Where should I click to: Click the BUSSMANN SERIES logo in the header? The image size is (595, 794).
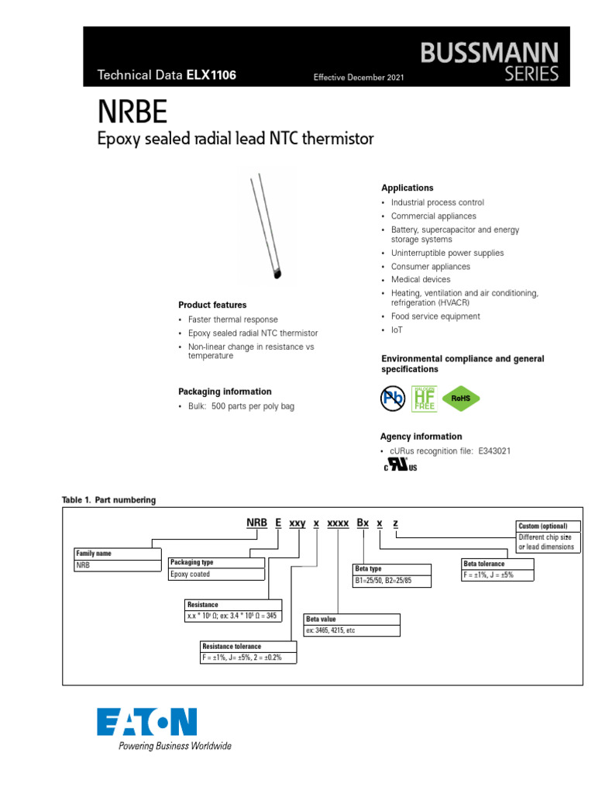489,62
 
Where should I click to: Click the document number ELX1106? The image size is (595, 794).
211,75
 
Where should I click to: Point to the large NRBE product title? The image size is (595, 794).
132,113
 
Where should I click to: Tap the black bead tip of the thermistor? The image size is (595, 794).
279,272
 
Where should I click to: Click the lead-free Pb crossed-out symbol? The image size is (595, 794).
394,399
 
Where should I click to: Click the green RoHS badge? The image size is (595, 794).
460,399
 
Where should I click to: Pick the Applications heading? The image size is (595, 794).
408,188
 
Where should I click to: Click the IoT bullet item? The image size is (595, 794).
397,330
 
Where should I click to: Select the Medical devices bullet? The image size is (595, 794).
420,279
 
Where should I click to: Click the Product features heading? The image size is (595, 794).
212,305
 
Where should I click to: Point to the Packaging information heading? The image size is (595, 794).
225,392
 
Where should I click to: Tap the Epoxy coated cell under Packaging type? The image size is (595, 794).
191,575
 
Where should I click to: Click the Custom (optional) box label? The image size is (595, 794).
542,526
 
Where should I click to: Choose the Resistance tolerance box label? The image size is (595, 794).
232,646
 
